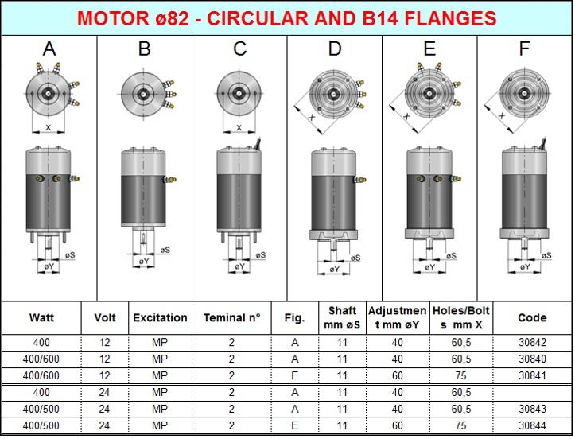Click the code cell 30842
(x=532, y=343)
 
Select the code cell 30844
(x=532, y=425)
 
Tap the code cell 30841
(x=532, y=376)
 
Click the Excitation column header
(x=160, y=317)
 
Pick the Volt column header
(x=104, y=317)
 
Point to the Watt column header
(x=41, y=317)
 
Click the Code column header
(x=532, y=317)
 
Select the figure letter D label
(x=335, y=49)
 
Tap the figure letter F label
(x=524, y=49)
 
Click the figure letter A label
(x=49, y=49)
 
